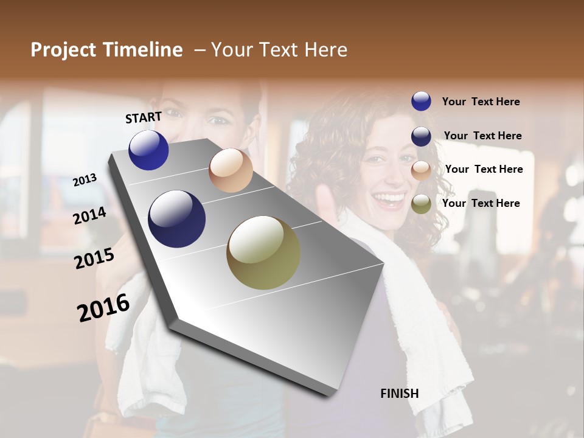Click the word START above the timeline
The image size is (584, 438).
coord(144,117)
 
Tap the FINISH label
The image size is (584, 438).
coord(399,394)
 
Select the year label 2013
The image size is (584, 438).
coord(85,180)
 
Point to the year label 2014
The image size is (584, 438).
coord(89,215)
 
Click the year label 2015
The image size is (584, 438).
coord(94,259)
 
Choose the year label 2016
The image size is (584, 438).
coord(103,307)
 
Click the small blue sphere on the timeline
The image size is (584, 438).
coord(148,150)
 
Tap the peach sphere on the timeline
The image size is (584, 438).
coord(231,170)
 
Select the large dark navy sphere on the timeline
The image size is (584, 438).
coord(176,219)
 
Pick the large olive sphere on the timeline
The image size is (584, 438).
coord(263,252)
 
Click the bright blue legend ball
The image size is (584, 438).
coord(421,102)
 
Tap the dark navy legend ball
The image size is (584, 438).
coord(421,136)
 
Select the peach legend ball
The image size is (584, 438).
coord(421,170)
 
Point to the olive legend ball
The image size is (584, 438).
coord(421,204)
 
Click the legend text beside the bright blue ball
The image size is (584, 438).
coord(481,102)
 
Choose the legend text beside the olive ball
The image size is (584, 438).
coord(481,203)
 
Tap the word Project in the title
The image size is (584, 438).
coord(63,50)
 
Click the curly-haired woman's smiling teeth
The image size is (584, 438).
coord(389,198)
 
